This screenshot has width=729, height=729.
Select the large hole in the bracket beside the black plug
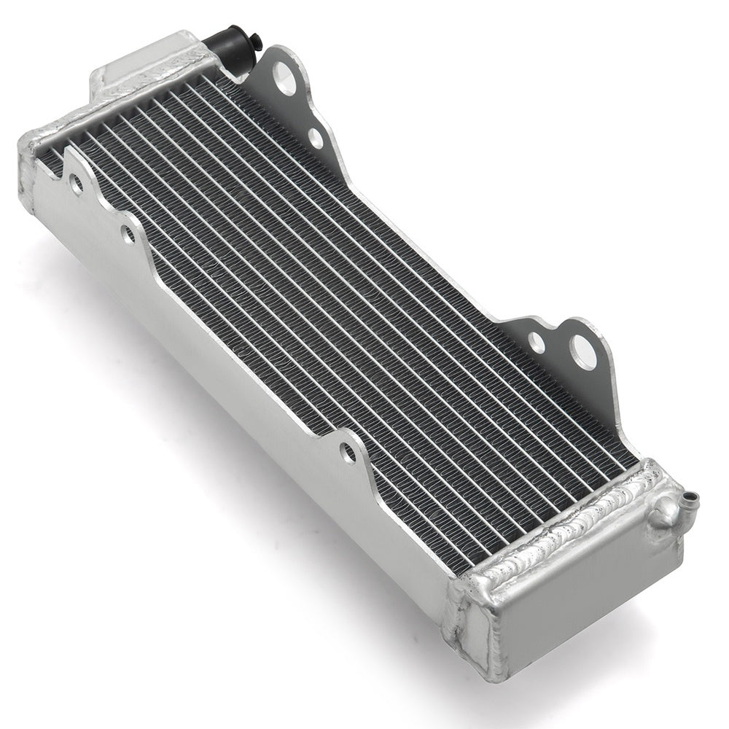click(x=285, y=78)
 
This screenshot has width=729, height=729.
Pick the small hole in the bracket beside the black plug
click(x=316, y=136)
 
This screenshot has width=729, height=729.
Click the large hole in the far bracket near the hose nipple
click(x=583, y=352)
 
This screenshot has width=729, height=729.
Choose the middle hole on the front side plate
click(x=128, y=235)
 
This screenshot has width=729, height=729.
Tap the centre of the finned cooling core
click(x=350, y=284)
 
